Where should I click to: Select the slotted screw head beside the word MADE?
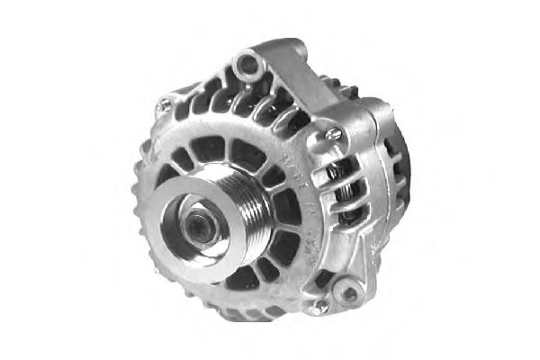tap(334, 134)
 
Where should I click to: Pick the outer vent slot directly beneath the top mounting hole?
tap(241, 97)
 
